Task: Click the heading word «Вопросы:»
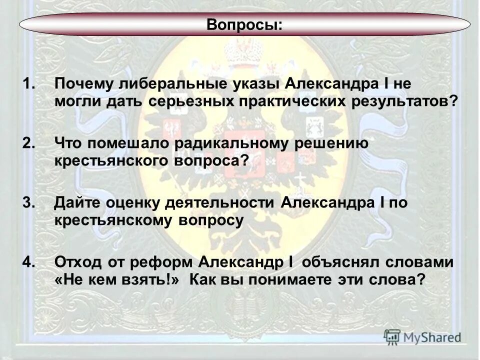pos(244,25)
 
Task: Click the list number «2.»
pos(29,143)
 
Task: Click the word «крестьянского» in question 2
pos(105,161)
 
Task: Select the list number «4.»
pos(29,262)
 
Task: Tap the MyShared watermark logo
pos(423,336)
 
